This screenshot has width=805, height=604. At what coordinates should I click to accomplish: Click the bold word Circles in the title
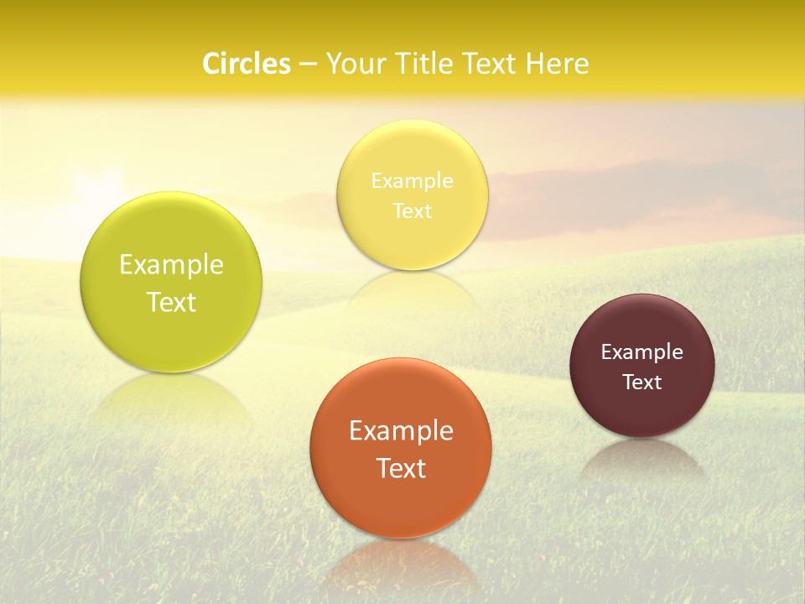[246, 64]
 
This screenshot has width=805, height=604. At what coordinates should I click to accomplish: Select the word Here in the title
[557, 64]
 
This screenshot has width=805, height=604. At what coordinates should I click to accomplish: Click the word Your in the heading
[356, 64]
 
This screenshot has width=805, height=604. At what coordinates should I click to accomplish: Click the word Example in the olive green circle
[171, 265]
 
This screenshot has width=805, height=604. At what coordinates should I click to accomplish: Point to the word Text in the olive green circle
[171, 302]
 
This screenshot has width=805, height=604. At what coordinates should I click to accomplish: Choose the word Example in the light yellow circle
[412, 181]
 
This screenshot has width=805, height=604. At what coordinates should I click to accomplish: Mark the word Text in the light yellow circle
[412, 211]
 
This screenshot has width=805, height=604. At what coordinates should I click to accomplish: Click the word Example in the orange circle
[401, 431]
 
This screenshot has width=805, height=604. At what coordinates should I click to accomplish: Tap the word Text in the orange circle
[401, 468]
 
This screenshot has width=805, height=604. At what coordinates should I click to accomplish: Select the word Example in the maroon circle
[642, 352]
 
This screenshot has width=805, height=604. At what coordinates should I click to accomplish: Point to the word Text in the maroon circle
[642, 383]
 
